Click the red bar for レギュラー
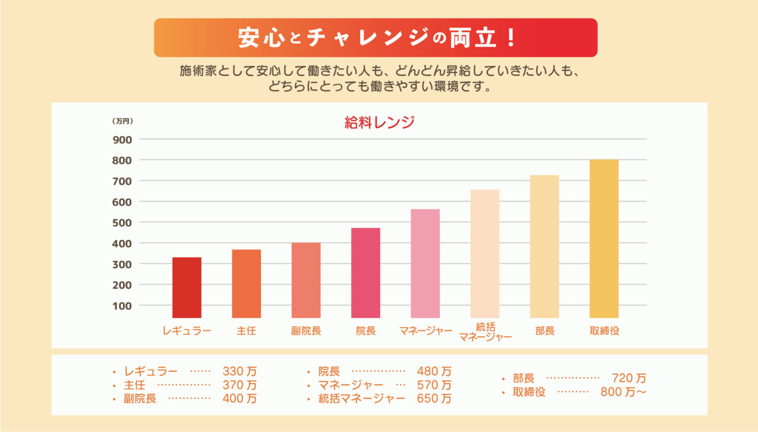point(187,287)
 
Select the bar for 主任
point(246,284)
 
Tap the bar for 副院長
point(306,280)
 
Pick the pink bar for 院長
point(365,273)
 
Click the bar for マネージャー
point(425,263)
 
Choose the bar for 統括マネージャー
point(485,253)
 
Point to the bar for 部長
point(544,246)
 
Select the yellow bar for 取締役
point(604,239)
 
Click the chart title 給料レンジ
point(379,123)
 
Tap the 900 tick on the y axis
point(122,140)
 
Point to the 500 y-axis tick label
point(122,223)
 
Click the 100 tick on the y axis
point(122,306)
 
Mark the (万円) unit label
point(122,121)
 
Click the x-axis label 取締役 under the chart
point(604,331)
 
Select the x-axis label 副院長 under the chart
point(306,331)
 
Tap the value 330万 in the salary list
point(240,371)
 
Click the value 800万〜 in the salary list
point(623,392)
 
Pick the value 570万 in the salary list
point(434,385)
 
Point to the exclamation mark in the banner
point(510,38)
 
